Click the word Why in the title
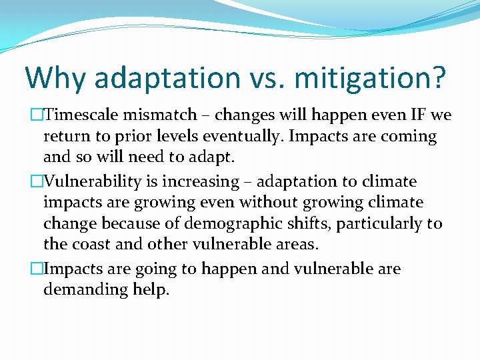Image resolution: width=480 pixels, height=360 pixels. (x=55, y=77)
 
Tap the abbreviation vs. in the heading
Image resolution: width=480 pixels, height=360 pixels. (x=272, y=77)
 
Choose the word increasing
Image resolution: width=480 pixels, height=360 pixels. (x=201, y=181)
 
